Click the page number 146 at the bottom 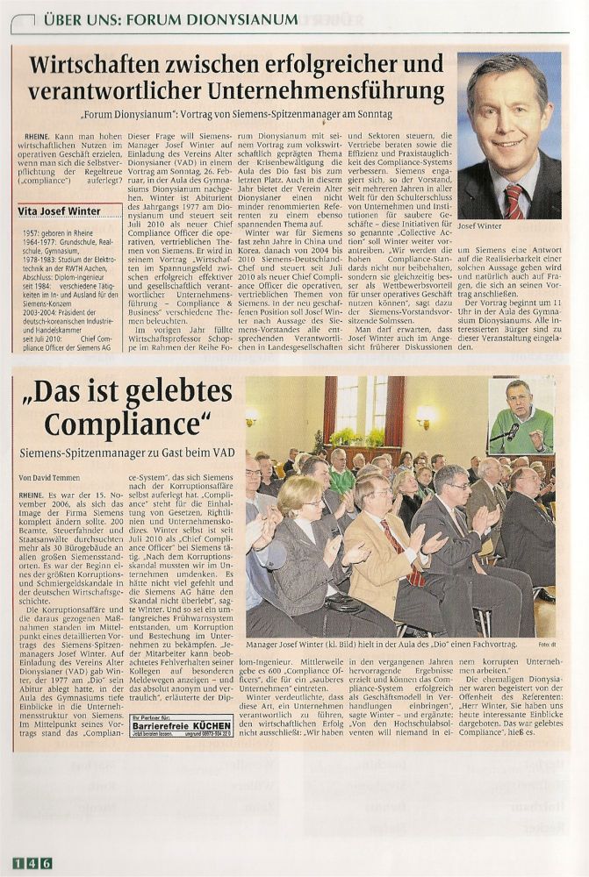[x=32, y=863]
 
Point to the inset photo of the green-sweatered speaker [x=521, y=416]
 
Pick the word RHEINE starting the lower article [x=32, y=496]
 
